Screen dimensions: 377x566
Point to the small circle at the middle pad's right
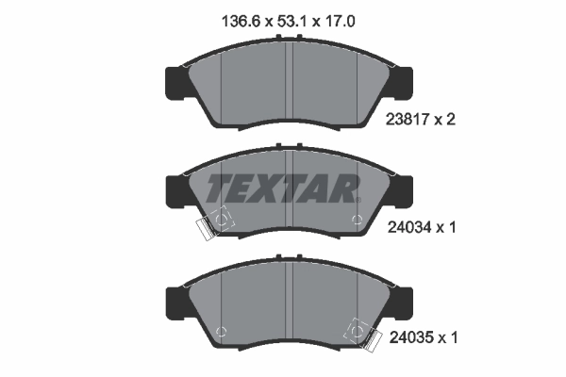click(x=355, y=222)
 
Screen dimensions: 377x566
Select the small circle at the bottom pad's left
click(x=221, y=330)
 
